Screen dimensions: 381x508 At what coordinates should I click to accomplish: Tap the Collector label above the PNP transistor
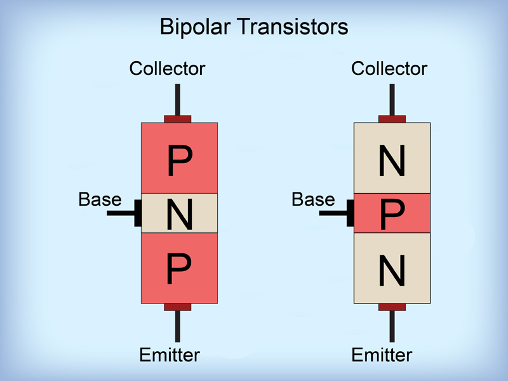point(168,69)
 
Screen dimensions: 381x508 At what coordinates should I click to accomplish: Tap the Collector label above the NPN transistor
point(389,69)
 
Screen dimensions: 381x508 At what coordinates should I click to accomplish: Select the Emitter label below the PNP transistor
point(170,354)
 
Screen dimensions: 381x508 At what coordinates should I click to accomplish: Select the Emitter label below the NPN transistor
point(382,354)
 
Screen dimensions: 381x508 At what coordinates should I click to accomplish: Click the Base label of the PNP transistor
point(100,199)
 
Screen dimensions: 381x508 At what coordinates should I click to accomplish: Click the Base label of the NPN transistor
point(313,199)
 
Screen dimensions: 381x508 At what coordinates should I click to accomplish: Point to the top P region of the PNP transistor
point(179,158)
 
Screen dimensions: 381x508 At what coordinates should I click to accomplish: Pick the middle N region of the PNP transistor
point(179,213)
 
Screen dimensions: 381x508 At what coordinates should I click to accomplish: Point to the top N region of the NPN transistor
point(392,158)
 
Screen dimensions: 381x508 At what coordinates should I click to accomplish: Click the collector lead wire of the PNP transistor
point(178,98)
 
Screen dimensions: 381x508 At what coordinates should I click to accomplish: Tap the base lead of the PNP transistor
point(122,213)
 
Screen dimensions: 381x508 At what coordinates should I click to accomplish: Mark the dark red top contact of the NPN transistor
point(392,119)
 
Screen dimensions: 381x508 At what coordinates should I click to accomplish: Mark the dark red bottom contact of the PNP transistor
point(178,307)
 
